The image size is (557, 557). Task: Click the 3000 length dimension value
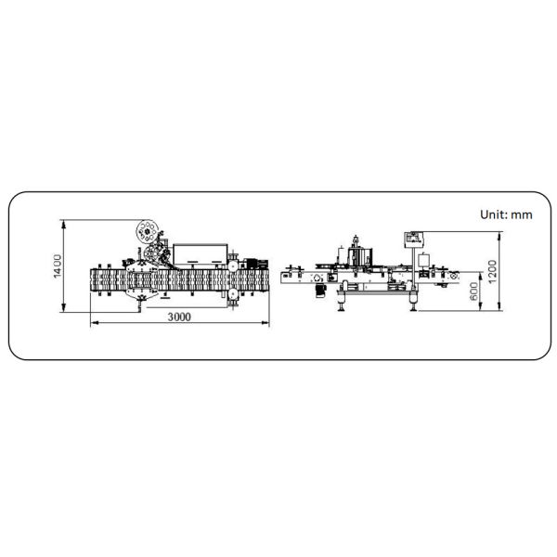pos(179,317)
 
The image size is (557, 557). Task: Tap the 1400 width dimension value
pos(58,266)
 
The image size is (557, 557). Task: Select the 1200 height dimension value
pos(492,272)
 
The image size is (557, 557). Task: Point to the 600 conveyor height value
pos(473,291)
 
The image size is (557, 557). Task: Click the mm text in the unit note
pos(522,215)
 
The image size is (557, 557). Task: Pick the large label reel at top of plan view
pos(147,231)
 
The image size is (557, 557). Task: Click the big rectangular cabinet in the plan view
pos(200,254)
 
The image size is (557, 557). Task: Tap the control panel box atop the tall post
pos(413,240)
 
